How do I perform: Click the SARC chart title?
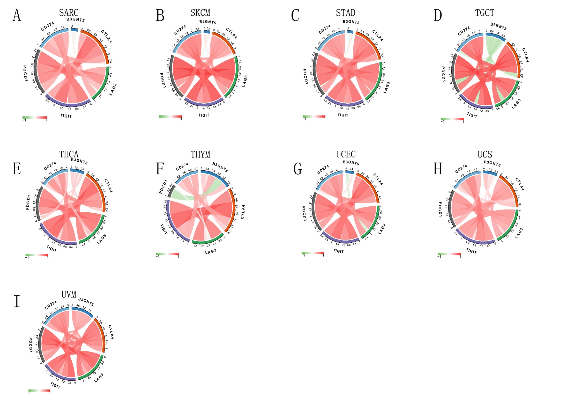coord(69,12)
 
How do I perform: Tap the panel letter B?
coord(160,16)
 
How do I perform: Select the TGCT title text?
coord(484,12)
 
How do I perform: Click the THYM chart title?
coord(200,154)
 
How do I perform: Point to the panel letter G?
coord(297,169)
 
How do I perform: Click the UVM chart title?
coord(69,294)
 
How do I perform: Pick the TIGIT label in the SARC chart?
coord(66,116)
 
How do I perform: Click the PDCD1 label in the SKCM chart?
coord(163,80)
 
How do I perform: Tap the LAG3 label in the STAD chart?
coord(386,88)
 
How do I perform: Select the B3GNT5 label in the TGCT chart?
coord(498,26)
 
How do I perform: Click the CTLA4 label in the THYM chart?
coord(243,212)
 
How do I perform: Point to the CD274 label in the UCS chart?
coord(461,169)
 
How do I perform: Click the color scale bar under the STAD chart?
coord(314,117)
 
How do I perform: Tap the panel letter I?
coord(17,301)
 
